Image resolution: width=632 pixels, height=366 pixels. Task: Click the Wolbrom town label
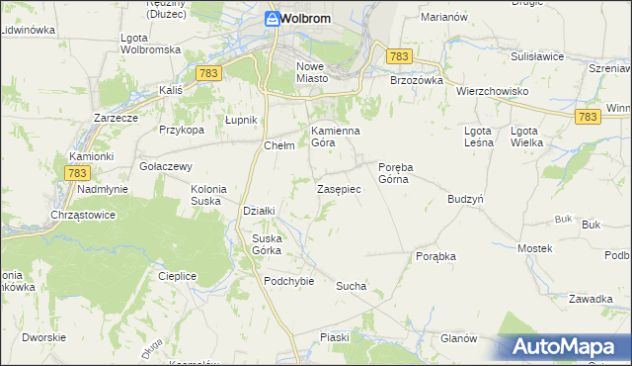point(305,19)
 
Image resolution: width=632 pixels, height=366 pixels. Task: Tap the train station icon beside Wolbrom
point(272,19)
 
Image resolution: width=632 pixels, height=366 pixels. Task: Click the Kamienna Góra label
point(336,137)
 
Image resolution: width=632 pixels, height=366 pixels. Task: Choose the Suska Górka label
point(268,243)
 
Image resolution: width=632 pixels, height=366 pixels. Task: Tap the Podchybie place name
point(288,281)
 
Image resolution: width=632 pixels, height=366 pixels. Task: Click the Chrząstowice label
point(83,215)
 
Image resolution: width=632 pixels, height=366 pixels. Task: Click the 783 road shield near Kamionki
point(79,172)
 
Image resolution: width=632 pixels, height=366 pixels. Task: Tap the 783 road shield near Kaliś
point(207,73)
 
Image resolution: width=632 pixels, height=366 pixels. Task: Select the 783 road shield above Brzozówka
point(399,58)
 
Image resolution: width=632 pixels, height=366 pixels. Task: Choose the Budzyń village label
point(464,199)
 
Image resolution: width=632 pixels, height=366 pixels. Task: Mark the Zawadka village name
point(592,299)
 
